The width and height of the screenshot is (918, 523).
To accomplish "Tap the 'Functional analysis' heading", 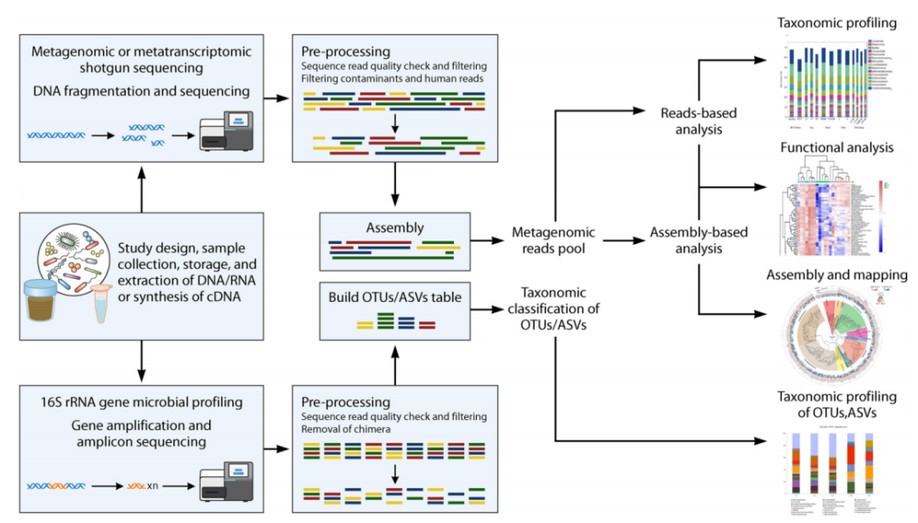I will [x=836, y=147].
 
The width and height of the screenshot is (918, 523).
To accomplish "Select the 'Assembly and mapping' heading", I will [x=836, y=276].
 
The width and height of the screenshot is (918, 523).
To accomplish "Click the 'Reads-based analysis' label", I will [x=699, y=121].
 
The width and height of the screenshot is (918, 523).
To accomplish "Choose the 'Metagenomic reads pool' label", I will [x=553, y=240].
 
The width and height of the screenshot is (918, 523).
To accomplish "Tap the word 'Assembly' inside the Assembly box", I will [x=394, y=228].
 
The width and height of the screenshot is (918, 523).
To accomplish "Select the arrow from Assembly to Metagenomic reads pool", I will [x=486, y=241].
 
